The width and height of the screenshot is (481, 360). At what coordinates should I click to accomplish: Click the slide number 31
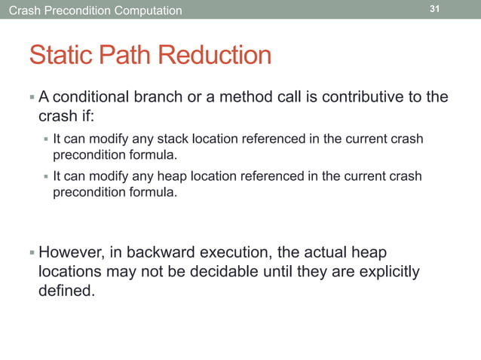pyautogui.click(x=434, y=9)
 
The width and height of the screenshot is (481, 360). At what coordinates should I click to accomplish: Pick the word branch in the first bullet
pyautogui.click(x=166, y=97)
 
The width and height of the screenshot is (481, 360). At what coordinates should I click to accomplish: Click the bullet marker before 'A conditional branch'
pyautogui.click(x=32, y=97)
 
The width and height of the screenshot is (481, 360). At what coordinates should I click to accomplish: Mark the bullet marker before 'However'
pyautogui.click(x=32, y=252)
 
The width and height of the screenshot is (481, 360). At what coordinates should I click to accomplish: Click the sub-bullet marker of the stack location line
pyautogui.click(x=45, y=139)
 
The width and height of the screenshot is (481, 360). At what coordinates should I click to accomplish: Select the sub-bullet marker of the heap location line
pyautogui.click(x=45, y=176)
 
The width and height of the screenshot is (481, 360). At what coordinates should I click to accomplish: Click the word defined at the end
pyautogui.click(x=66, y=291)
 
